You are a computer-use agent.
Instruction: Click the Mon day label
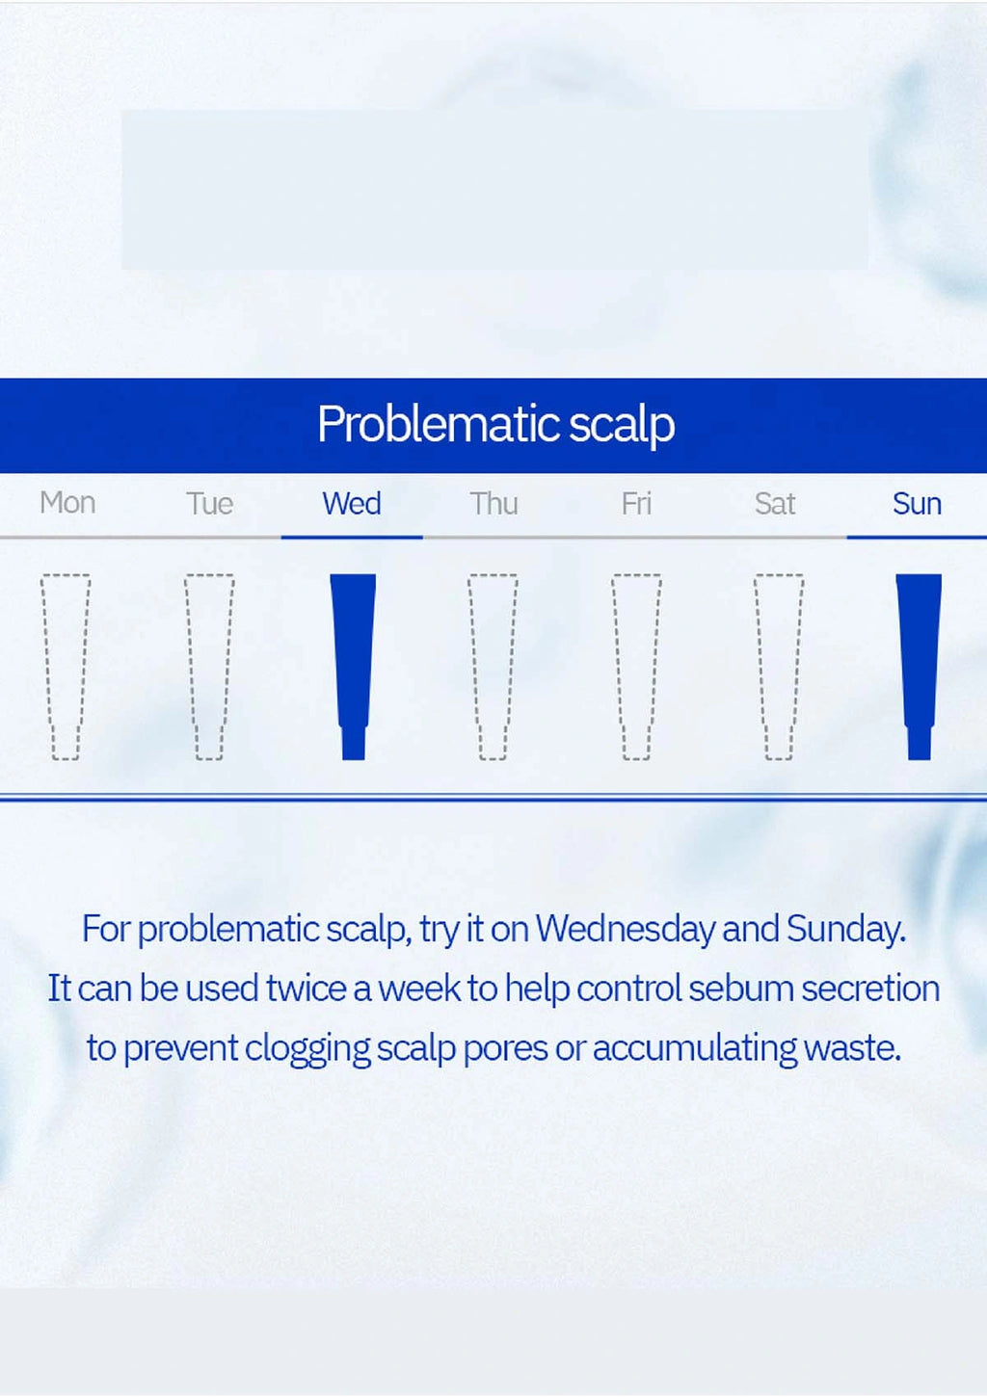pos(67,502)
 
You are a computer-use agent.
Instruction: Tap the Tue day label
pos(210,503)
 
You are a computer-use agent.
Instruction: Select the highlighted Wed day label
pos(352,503)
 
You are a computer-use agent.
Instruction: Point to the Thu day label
pos(493,503)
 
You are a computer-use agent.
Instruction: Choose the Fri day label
pos(636,503)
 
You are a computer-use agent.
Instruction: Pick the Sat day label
pos(775,503)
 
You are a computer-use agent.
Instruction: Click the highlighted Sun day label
pos(917,503)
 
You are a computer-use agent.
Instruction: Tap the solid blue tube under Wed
pos(353,667)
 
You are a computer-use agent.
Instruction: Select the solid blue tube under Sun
pos(919,667)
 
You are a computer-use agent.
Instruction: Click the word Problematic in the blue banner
pos(439,424)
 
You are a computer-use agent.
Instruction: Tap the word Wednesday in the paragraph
pos(626,929)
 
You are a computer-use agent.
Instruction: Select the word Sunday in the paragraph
pos(846,929)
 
